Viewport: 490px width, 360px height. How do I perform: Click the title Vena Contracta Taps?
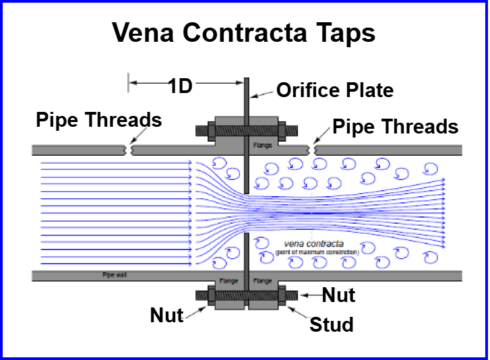coord(243,32)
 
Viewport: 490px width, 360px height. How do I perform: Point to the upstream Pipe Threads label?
coord(99,120)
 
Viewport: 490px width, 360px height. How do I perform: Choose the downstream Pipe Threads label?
coord(396,126)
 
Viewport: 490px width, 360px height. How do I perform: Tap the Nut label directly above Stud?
coord(338,294)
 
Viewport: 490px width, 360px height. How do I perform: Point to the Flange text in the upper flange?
coord(262,145)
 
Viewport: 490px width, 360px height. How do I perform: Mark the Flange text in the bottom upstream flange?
coord(229,281)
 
